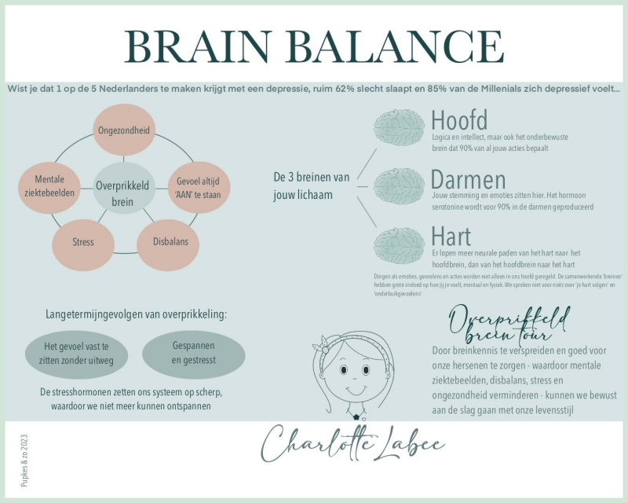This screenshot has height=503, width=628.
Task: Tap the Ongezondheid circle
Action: [x=122, y=129]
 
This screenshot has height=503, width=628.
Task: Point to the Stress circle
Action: [x=82, y=241]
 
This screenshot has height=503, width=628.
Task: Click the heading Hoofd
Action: [x=459, y=120]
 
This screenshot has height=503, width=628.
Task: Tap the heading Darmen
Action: [x=468, y=178]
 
